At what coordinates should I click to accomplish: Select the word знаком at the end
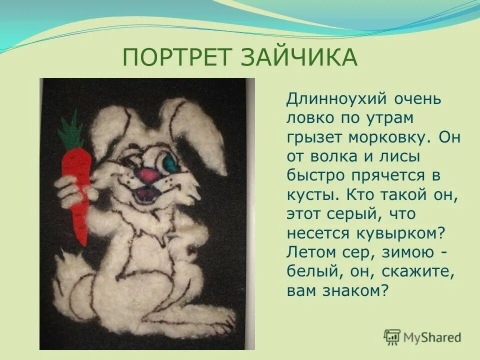pyautogui.click(x=358, y=291)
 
